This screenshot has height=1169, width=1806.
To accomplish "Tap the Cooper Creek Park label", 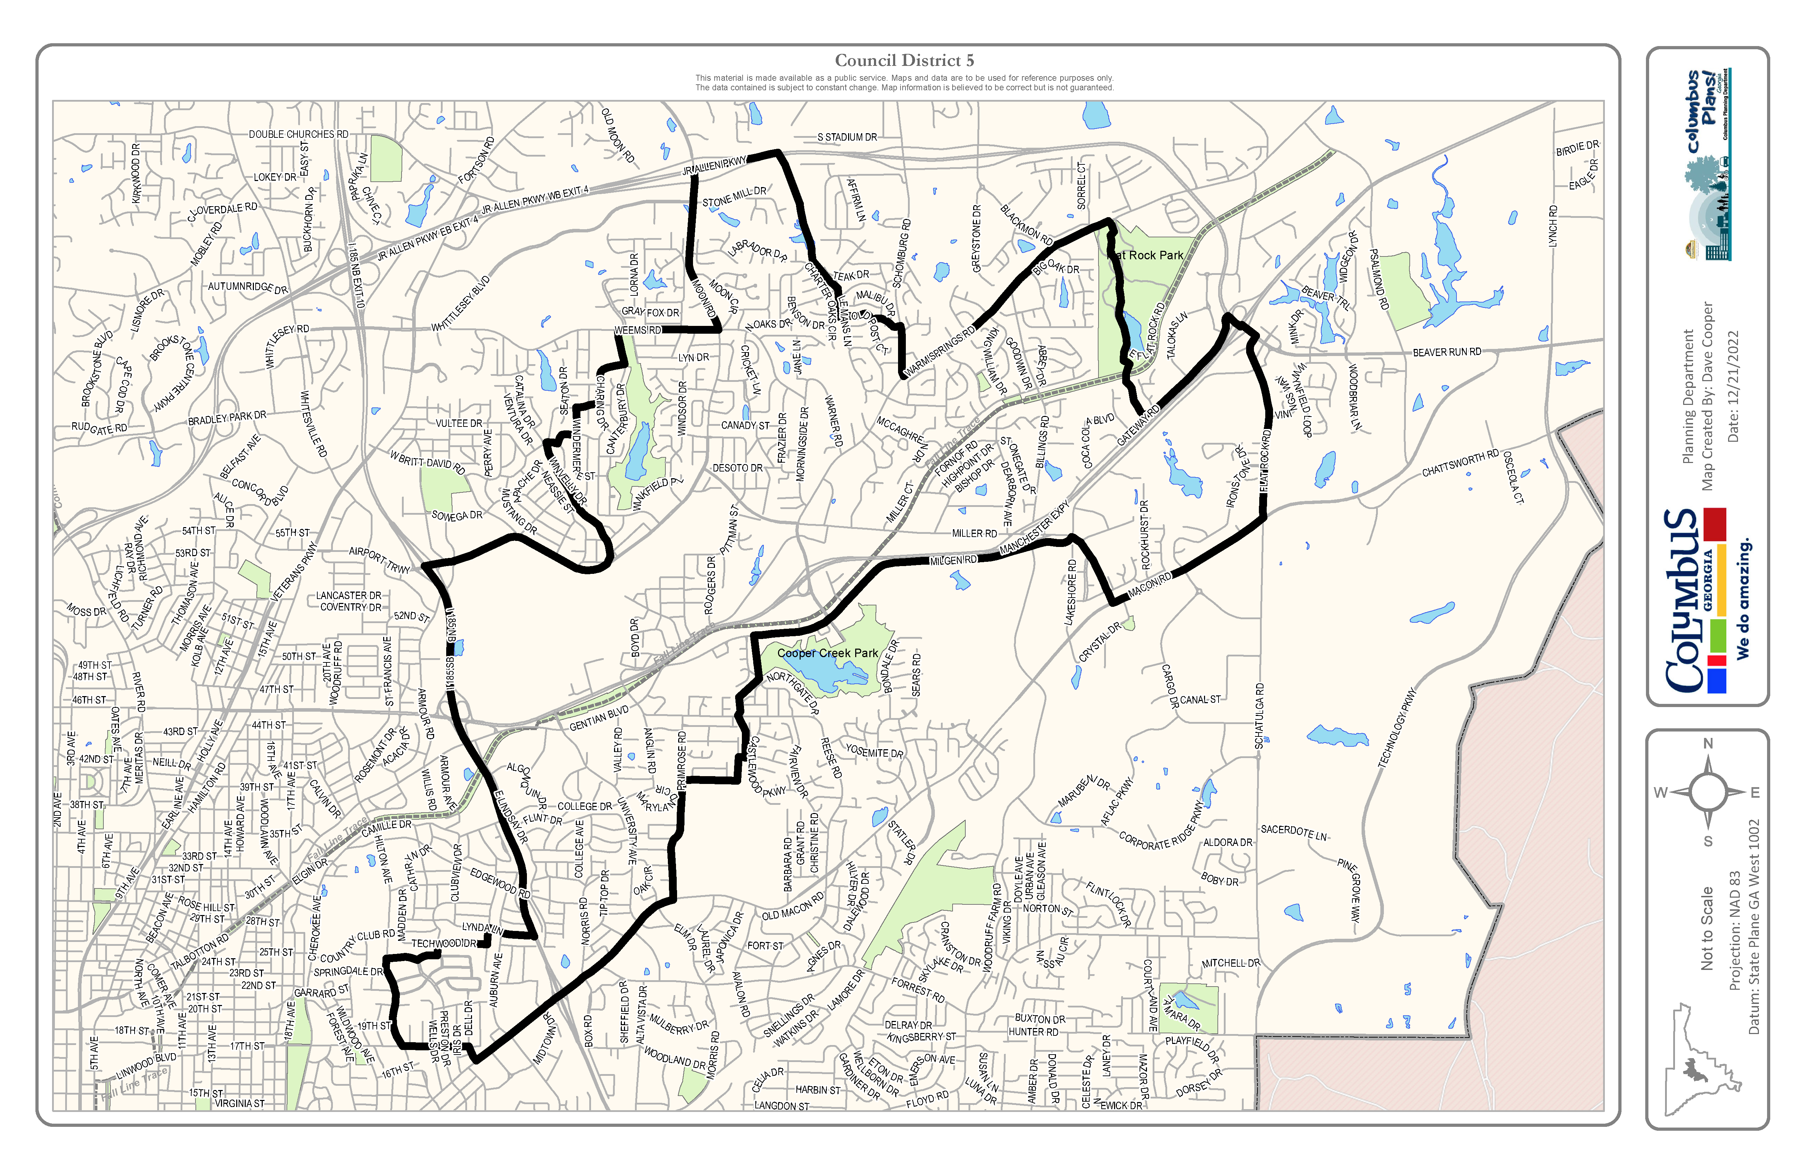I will pyautogui.click(x=827, y=653).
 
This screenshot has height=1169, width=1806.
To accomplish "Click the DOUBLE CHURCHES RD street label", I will pyautogui.click(x=298, y=134).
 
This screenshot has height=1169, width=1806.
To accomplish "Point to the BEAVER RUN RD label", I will pyautogui.click(x=1446, y=352).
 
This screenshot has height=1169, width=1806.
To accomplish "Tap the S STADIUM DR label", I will pyautogui.click(x=847, y=137).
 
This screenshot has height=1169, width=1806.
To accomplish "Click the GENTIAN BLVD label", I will pyautogui.click(x=599, y=717).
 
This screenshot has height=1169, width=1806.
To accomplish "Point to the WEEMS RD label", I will pyautogui.click(x=637, y=330).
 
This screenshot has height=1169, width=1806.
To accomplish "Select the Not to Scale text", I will pyautogui.click(x=1707, y=928).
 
